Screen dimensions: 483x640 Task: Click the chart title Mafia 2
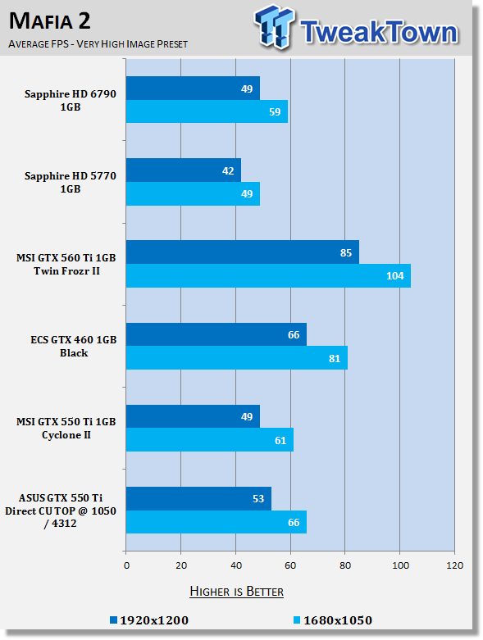pyautogui.click(x=49, y=20)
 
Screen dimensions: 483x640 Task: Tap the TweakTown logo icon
pyautogui.click(x=274, y=27)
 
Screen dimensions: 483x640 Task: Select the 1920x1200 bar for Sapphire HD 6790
pyautogui.click(x=193, y=89)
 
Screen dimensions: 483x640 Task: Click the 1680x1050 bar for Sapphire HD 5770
pyautogui.click(x=193, y=194)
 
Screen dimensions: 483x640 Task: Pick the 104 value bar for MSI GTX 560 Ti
pyautogui.click(x=268, y=276)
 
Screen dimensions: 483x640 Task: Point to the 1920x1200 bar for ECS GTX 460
pyautogui.click(x=216, y=334)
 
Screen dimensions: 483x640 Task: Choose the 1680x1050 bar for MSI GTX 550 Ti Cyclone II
pyautogui.click(x=209, y=440)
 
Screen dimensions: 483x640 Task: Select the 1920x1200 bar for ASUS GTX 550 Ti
pyautogui.click(x=198, y=498)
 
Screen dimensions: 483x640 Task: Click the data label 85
pyautogui.click(x=346, y=253)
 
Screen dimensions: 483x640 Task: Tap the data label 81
pyautogui.click(x=335, y=358)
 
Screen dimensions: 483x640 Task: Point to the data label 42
pyautogui.click(x=228, y=171)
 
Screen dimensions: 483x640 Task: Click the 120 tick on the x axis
pyautogui.click(x=455, y=565)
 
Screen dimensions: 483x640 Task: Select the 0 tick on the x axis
pyautogui.click(x=126, y=565)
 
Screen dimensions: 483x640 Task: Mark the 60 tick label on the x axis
pyautogui.click(x=290, y=565)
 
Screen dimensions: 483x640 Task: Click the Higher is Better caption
pyautogui.click(x=237, y=592)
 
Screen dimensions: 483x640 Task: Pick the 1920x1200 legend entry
pyautogui.click(x=149, y=620)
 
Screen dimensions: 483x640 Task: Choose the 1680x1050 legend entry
pyautogui.click(x=333, y=620)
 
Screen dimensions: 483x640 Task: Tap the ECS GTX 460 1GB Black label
pyautogui.click(x=74, y=346)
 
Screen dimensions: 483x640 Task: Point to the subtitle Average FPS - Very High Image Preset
pyautogui.click(x=98, y=43)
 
